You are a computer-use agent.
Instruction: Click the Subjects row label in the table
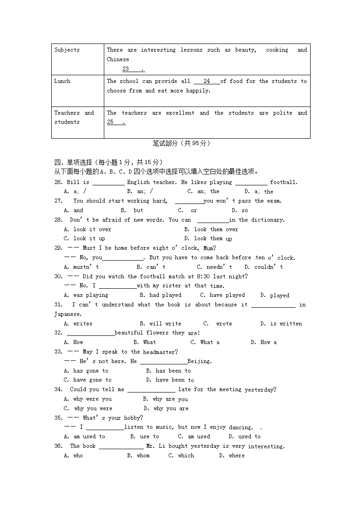click(x=67, y=50)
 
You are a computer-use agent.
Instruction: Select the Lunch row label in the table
click(x=62, y=81)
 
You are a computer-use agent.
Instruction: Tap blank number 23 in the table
click(x=126, y=69)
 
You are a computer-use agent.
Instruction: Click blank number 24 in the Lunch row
click(x=207, y=81)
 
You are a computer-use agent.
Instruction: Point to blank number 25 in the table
click(x=110, y=122)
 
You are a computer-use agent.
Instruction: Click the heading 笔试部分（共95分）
click(x=181, y=143)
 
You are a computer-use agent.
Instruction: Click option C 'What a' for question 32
click(x=205, y=342)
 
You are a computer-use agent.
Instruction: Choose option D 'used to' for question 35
click(x=245, y=436)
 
